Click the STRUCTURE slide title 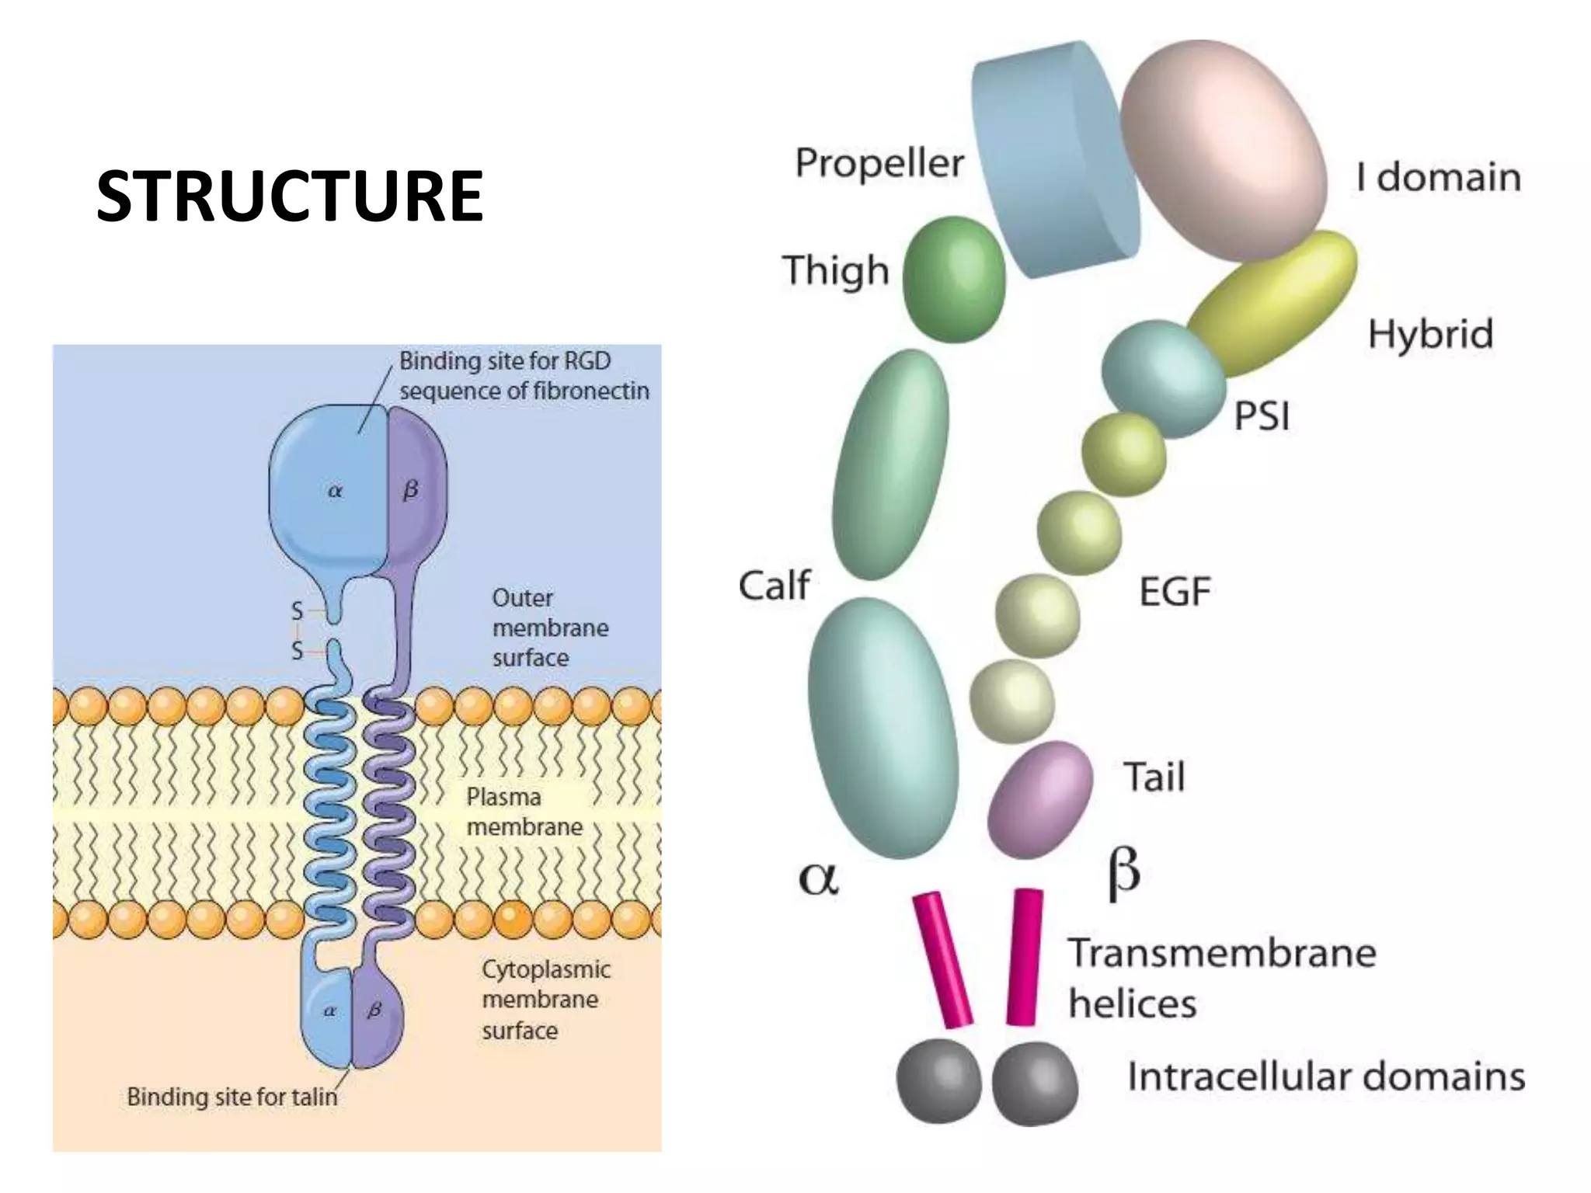coord(290,196)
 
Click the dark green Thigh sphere coord(955,280)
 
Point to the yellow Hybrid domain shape coord(1274,303)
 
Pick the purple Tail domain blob coord(1039,800)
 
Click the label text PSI coord(1262,416)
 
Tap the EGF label coord(1175,592)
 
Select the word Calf coord(774,586)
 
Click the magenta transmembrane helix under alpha coord(942,959)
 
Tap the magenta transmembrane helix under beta coord(1024,957)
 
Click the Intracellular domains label coord(1325,1077)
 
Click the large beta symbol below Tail coord(1123,873)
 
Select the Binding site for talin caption coord(232,1097)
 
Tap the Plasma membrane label coord(524,812)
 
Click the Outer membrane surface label coord(549,628)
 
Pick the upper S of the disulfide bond coord(297,611)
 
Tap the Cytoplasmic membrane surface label coord(545,1000)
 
